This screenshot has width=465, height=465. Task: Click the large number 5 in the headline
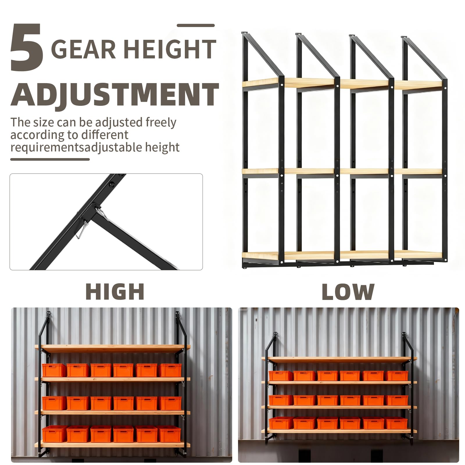[x=27, y=47]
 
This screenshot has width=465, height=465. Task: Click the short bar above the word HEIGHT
[x=196, y=26]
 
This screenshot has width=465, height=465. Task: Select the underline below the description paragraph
[x=50, y=159]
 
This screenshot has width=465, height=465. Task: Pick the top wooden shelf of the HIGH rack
[x=112, y=347]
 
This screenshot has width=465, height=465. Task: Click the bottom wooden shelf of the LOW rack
[x=339, y=431]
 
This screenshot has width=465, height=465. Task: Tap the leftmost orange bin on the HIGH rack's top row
[x=54, y=370]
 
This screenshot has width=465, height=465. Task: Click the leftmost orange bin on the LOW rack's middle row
[x=281, y=400]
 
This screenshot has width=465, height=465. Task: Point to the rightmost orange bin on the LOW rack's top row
[x=397, y=375]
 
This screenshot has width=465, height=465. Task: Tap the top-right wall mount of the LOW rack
[x=404, y=335]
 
